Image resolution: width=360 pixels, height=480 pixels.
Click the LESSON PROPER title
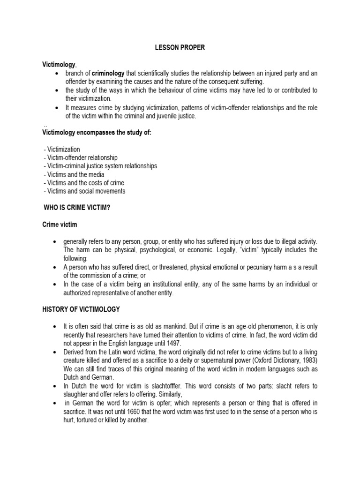180,48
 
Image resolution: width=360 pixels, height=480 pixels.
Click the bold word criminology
108,73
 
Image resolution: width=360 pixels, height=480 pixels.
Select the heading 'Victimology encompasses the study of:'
97,133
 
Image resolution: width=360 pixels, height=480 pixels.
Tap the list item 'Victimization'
62,150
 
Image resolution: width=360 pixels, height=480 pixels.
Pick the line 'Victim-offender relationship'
81,158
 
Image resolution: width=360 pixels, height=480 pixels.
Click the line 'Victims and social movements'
85,191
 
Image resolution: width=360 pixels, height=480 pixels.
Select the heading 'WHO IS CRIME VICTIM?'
77,208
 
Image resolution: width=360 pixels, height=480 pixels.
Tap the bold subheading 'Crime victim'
60,225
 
